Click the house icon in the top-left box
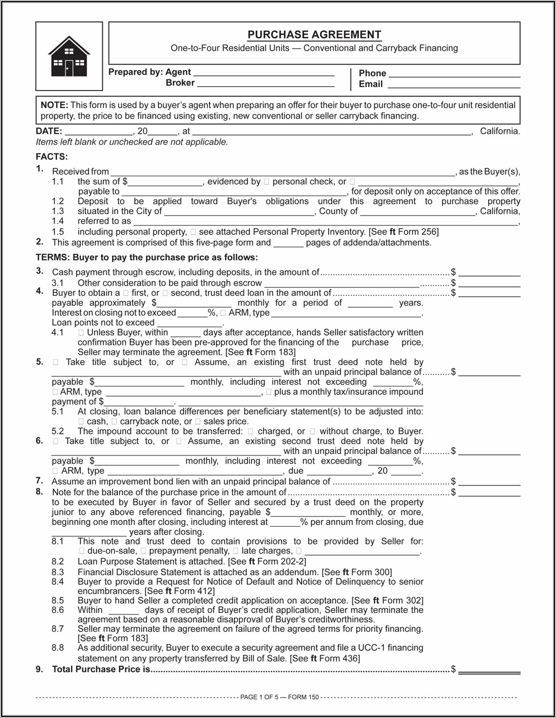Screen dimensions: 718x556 click(69, 56)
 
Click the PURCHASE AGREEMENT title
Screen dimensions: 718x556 click(314, 34)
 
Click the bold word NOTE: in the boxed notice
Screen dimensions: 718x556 click(54, 105)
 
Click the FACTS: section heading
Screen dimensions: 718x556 click(52, 157)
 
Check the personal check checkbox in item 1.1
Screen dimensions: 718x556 click(267, 182)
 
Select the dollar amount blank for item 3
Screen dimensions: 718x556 click(489, 273)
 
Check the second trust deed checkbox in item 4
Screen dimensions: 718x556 click(165, 293)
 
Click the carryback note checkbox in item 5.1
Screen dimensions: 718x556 click(114, 422)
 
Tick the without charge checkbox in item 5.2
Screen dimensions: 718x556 click(313, 432)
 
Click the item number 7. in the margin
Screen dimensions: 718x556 click(39, 480)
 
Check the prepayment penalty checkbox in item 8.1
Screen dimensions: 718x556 click(143, 551)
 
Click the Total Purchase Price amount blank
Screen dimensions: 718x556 click(489, 670)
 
